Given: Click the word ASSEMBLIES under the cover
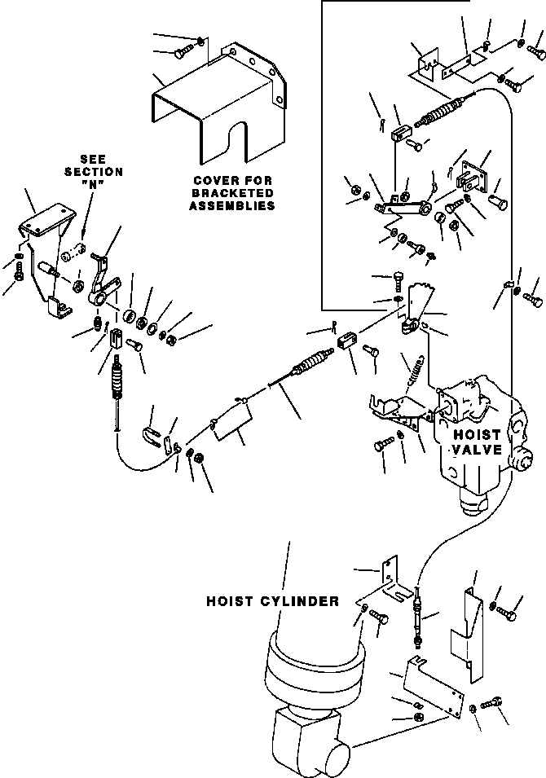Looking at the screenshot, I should [231, 206].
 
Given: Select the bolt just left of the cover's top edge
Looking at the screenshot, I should [182, 53].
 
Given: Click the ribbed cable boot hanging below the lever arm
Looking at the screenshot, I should [119, 380].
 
